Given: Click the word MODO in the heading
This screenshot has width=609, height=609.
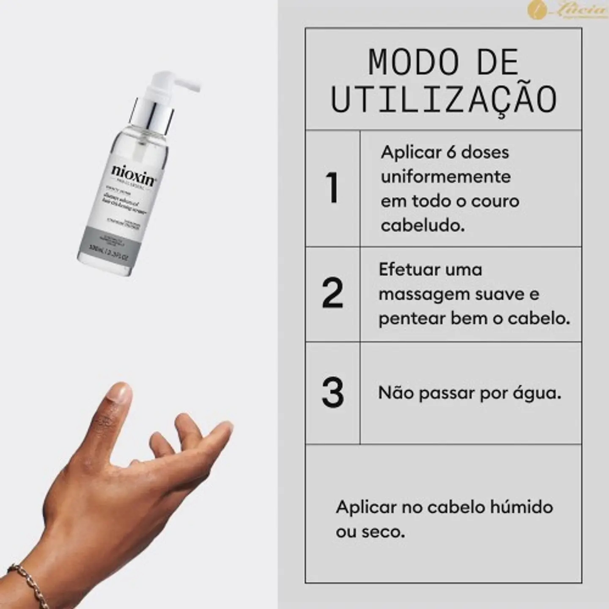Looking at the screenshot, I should click(x=414, y=63).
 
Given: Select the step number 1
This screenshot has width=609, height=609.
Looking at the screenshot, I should click(x=332, y=188).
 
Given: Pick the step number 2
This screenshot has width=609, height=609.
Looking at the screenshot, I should click(x=332, y=293).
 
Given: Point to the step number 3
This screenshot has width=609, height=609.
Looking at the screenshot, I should click(x=332, y=393).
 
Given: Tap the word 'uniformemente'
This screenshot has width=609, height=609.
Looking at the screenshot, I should click(x=445, y=177).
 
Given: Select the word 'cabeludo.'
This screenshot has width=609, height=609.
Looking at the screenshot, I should click(x=422, y=225).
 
